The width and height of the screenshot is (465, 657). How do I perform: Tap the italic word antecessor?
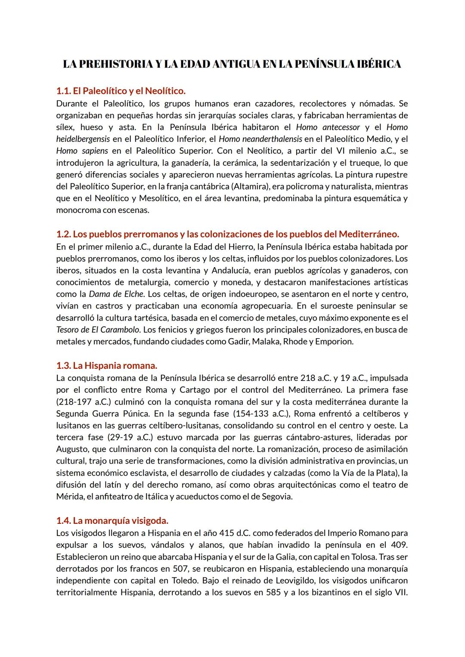341,127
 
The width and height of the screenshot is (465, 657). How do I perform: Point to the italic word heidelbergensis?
83,139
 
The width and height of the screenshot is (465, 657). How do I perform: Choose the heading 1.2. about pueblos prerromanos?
227,234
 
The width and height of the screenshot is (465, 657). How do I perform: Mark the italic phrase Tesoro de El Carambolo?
98,330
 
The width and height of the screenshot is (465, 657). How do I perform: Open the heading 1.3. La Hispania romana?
106,366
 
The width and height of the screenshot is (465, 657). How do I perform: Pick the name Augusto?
71,449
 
